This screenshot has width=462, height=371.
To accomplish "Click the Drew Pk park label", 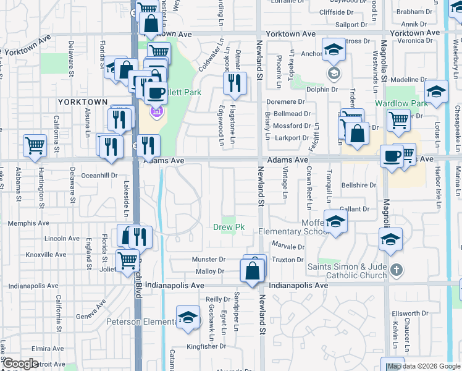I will coord(229,228).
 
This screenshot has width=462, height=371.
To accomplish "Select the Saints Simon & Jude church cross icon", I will coord(397,270).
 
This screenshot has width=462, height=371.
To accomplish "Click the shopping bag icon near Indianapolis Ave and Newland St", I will coord(252,271).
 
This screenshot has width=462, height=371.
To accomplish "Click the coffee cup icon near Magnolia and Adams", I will coord(392,156).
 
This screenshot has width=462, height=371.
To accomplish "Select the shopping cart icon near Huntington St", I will coord(35,146).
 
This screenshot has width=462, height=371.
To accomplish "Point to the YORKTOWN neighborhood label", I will coord(83,101).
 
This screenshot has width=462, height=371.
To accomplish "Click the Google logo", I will coord(20,364).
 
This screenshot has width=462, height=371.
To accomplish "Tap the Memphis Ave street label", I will coord(24,223).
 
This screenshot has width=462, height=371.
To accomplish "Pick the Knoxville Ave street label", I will coord(46,255).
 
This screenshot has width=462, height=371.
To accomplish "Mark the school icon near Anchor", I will coord(334,50).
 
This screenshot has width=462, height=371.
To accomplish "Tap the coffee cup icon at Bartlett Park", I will coord(155,92).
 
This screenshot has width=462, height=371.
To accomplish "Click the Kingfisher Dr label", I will coord(206,346).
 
